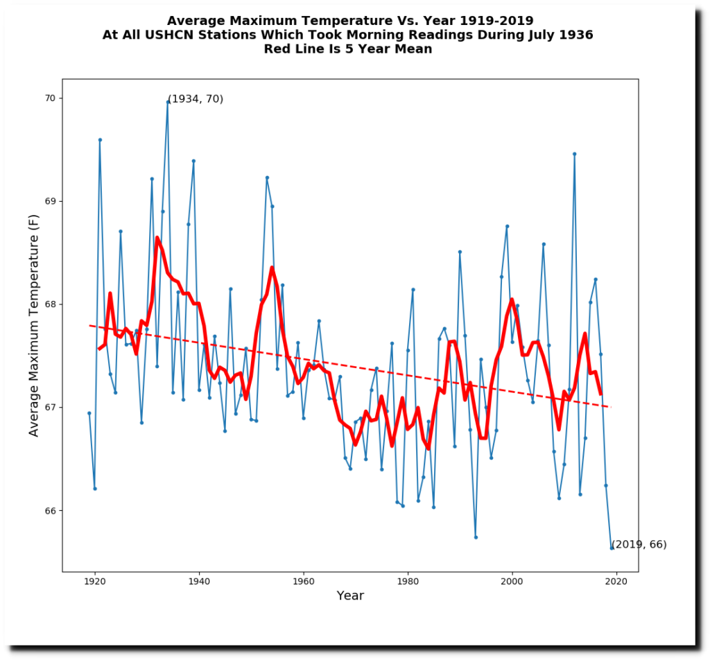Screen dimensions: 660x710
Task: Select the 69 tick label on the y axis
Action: point(50,201)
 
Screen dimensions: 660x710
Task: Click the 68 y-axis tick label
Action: point(50,304)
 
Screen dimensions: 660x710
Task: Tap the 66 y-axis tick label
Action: point(50,510)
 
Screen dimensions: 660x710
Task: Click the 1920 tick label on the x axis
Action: point(95,582)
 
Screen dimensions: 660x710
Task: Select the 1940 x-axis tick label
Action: point(199,582)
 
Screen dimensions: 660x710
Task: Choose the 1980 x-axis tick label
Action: point(408,582)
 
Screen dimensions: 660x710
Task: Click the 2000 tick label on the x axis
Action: point(512,582)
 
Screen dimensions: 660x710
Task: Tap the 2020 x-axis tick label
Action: point(616,582)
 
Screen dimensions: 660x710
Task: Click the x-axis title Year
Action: point(350,596)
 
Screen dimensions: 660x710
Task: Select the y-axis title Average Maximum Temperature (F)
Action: point(34,325)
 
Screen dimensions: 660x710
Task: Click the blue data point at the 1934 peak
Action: point(168,102)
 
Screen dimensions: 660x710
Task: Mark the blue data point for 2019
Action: point(612,548)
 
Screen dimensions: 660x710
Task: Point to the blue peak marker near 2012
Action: point(574,154)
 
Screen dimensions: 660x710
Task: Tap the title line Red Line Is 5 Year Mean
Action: point(347,49)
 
